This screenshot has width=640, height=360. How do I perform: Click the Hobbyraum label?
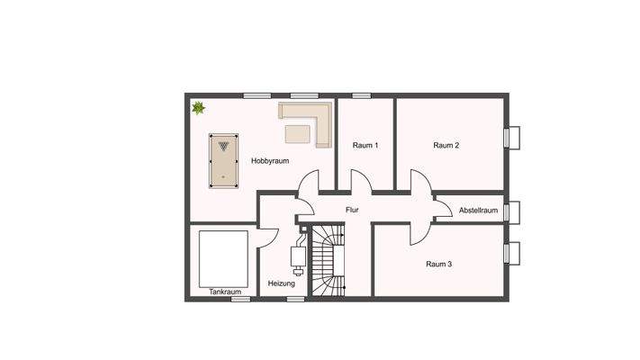269,160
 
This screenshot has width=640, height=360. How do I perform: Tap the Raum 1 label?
365,145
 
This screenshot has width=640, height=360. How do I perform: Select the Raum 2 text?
446,145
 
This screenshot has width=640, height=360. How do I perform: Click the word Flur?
352,211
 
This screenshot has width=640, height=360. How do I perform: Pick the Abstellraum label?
478,211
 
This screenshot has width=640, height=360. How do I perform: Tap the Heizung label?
281,283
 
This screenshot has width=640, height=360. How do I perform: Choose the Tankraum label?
224,292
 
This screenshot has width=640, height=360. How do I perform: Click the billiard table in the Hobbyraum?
221,158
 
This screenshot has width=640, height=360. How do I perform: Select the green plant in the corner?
198,109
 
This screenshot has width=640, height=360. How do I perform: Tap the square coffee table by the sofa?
297,134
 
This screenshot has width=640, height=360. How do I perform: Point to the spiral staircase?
328,261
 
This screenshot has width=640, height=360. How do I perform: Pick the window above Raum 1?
362,95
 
